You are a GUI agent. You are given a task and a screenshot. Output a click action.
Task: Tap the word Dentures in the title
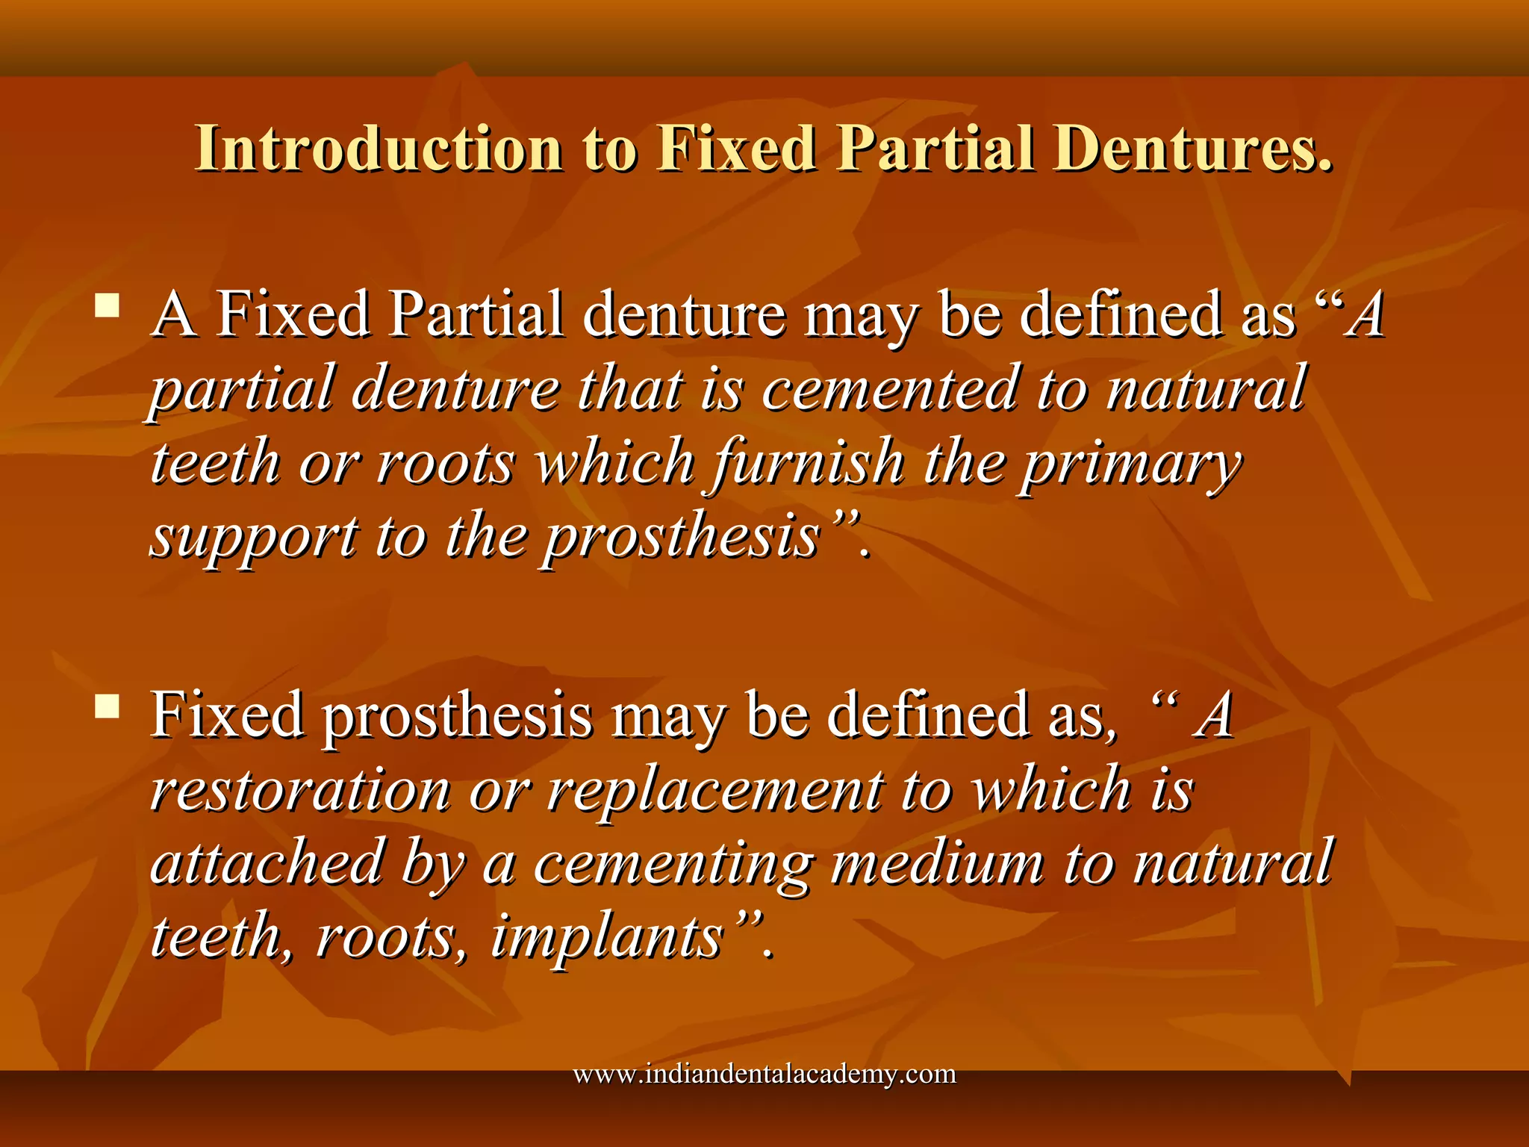tap(1192, 149)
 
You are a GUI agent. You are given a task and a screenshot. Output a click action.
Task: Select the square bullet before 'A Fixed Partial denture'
tap(108, 305)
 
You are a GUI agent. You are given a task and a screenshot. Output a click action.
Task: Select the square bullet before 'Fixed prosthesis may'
tap(108, 706)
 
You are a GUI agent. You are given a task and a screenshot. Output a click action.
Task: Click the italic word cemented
tap(889, 389)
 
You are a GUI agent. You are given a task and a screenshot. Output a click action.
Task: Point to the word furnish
tap(809, 463)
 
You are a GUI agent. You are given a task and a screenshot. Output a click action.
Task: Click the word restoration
tap(300, 790)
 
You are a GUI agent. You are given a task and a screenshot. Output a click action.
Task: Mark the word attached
tap(267, 862)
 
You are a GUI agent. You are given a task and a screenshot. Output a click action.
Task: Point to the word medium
tap(937, 862)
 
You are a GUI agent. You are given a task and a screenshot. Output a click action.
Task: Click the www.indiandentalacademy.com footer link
tap(764, 1074)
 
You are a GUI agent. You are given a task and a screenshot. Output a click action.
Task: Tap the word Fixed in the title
tap(737, 149)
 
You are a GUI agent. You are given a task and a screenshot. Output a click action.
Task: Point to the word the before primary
tap(964, 463)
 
